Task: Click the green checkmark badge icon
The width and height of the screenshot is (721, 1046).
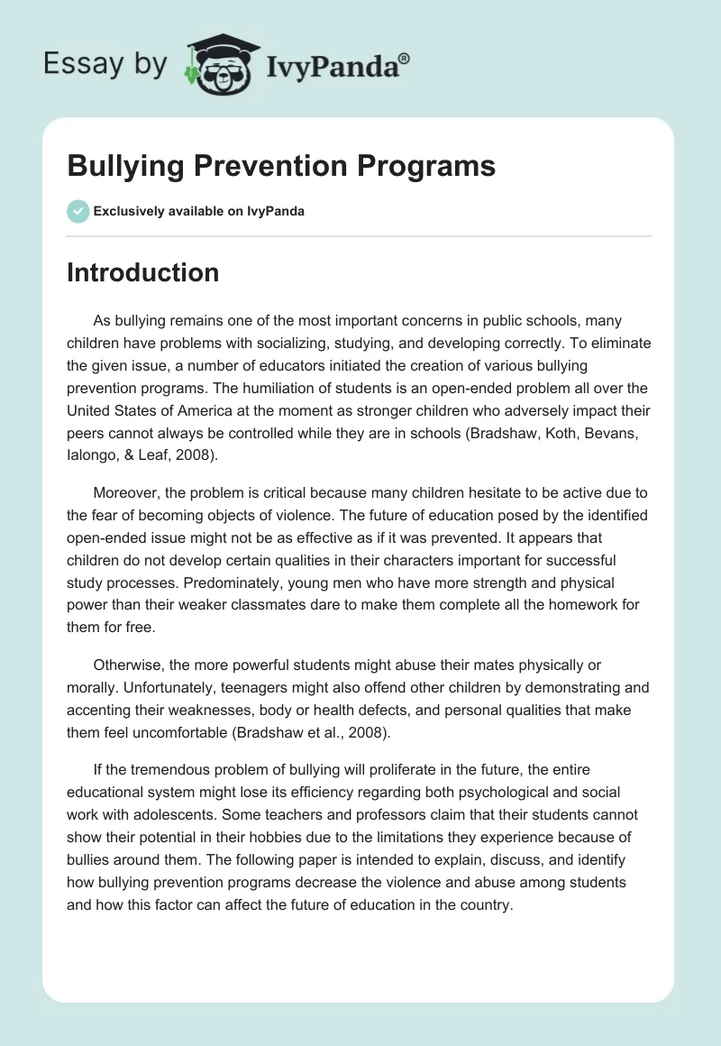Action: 78,211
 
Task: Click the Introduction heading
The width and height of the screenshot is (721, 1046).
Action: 142,272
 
